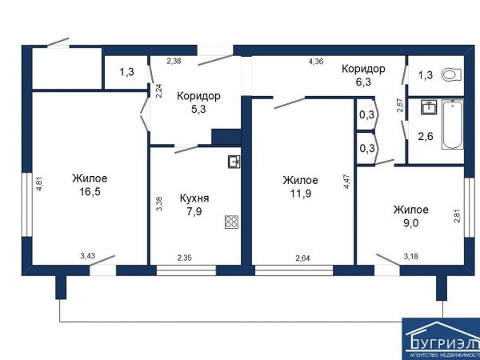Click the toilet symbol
click(x=451, y=74)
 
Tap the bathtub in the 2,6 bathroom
click(x=452, y=124)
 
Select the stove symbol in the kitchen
click(x=231, y=222)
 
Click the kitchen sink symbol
click(x=234, y=162)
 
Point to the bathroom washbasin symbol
click(x=429, y=107)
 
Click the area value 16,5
click(x=90, y=192)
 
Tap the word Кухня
click(x=194, y=198)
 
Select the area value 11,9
click(x=301, y=194)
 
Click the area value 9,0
click(x=411, y=223)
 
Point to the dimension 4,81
click(x=39, y=185)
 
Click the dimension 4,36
click(x=316, y=62)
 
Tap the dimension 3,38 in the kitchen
click(x=159, y=203)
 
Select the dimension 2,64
click(x=302, y=258)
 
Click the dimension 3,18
click(x=411, y=257)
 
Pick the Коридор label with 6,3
click(x=363, y=69)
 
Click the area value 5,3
click(x=198, y=110)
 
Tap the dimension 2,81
click(x=458, y=215)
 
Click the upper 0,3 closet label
click(x=366, y=115)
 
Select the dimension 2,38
click(x=174, y=61)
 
